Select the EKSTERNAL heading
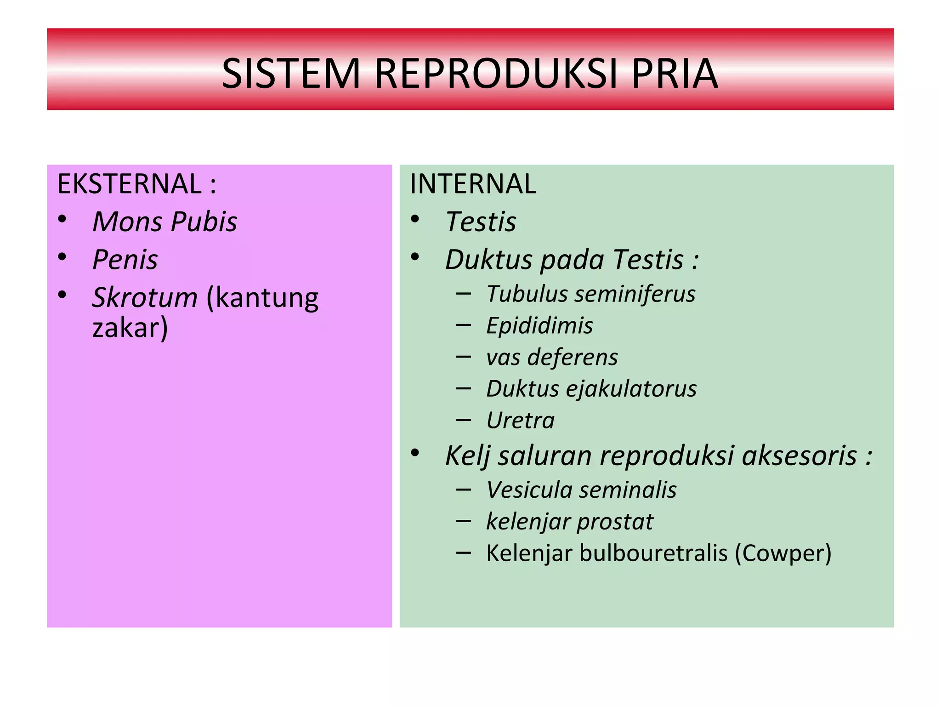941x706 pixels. coord(129,184)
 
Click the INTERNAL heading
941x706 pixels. coord(473,184)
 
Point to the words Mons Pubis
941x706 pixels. coord(164,222)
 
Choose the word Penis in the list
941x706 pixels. coord(125,260)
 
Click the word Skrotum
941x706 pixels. coord(145,297)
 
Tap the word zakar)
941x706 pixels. coord(130,328)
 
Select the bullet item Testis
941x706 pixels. coord(481,222)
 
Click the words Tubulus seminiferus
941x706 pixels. coord(591,294)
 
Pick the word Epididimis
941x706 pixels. coord(539,326)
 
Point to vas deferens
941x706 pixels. coord(552,358)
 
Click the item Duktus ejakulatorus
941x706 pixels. coord(591,389)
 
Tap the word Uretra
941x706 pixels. coord(521,421)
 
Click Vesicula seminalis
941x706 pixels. coord(581,490)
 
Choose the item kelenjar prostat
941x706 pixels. coord(569,522)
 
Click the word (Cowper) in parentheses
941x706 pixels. coord(783,553)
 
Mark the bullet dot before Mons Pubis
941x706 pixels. coord(62,219)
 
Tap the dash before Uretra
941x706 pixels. coord(464,420)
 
